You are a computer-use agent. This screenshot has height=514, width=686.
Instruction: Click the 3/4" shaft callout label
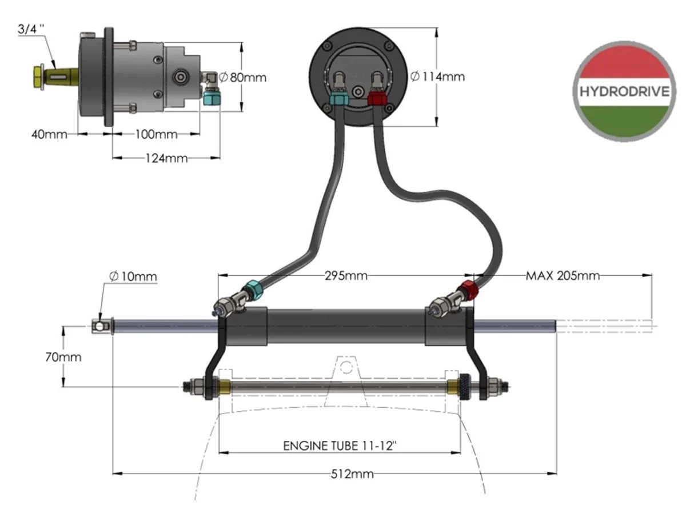tap(31, 29)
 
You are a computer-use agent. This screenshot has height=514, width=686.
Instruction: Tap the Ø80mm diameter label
tap(242, 78)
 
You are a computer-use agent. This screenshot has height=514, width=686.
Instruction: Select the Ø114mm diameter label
tap(437, 77)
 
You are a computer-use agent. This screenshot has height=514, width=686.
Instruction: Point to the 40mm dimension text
tap(49, 135)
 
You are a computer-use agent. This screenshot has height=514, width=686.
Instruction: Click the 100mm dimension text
tap(156, 135)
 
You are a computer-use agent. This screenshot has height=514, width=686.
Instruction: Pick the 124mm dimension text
tap(166, 159)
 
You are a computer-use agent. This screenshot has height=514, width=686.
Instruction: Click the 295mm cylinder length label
tap(346, 276)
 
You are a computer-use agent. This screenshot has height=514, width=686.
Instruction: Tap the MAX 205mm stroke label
tap(563, 276)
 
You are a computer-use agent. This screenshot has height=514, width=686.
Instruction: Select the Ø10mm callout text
tap(133, 276)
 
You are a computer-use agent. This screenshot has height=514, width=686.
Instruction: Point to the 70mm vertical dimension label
tap(63, 357)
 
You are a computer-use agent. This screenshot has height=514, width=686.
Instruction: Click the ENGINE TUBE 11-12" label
tap(340, 445)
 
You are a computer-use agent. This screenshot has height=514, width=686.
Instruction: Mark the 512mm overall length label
tap(352, 475)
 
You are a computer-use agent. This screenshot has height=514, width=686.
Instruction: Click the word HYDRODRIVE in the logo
tap(624, 92)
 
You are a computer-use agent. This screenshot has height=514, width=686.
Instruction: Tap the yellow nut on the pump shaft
tap(38, 78)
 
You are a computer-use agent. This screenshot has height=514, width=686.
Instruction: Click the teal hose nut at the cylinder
tap(253, 290)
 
